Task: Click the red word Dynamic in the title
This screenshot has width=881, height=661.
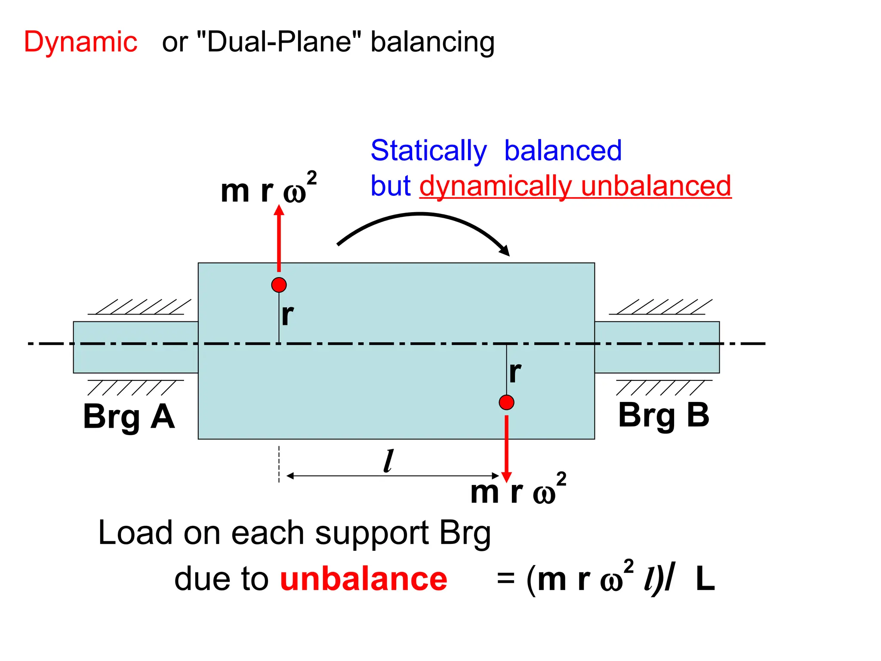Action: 80,42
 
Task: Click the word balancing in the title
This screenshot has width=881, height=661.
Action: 432,42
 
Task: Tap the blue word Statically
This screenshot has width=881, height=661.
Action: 428,151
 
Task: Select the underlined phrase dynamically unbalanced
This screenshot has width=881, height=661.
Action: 575,186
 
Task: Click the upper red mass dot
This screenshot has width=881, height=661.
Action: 279,285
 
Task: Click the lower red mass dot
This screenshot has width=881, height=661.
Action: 506,402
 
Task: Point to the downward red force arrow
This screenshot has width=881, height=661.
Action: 507,448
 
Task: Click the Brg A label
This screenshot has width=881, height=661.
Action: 129,417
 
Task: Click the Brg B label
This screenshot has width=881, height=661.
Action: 663,415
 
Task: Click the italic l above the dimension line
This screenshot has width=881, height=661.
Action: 388,461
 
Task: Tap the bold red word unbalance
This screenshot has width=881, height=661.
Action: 363,579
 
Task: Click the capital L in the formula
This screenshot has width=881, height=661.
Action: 705,579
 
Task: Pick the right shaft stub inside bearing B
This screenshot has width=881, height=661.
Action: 657,347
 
